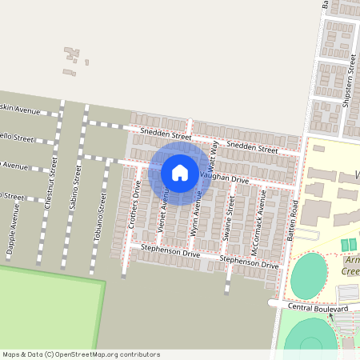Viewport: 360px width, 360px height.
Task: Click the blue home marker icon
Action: click(180, 173)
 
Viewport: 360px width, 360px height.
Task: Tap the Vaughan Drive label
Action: click(225, 178)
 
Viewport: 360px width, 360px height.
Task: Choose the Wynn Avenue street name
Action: click(194, 213)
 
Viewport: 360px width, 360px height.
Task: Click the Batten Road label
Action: click(293, 222)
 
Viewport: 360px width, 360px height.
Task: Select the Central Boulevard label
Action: click(320, 308)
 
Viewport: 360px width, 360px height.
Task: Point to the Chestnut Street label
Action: click(54, 182)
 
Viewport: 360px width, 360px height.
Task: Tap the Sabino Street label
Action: click(78, 185)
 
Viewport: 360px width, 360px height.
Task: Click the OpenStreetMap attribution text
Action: click(80, 354)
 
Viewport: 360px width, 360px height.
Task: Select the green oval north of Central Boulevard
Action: click(308, 277)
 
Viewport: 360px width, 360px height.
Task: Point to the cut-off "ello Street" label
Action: click(18, 138)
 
